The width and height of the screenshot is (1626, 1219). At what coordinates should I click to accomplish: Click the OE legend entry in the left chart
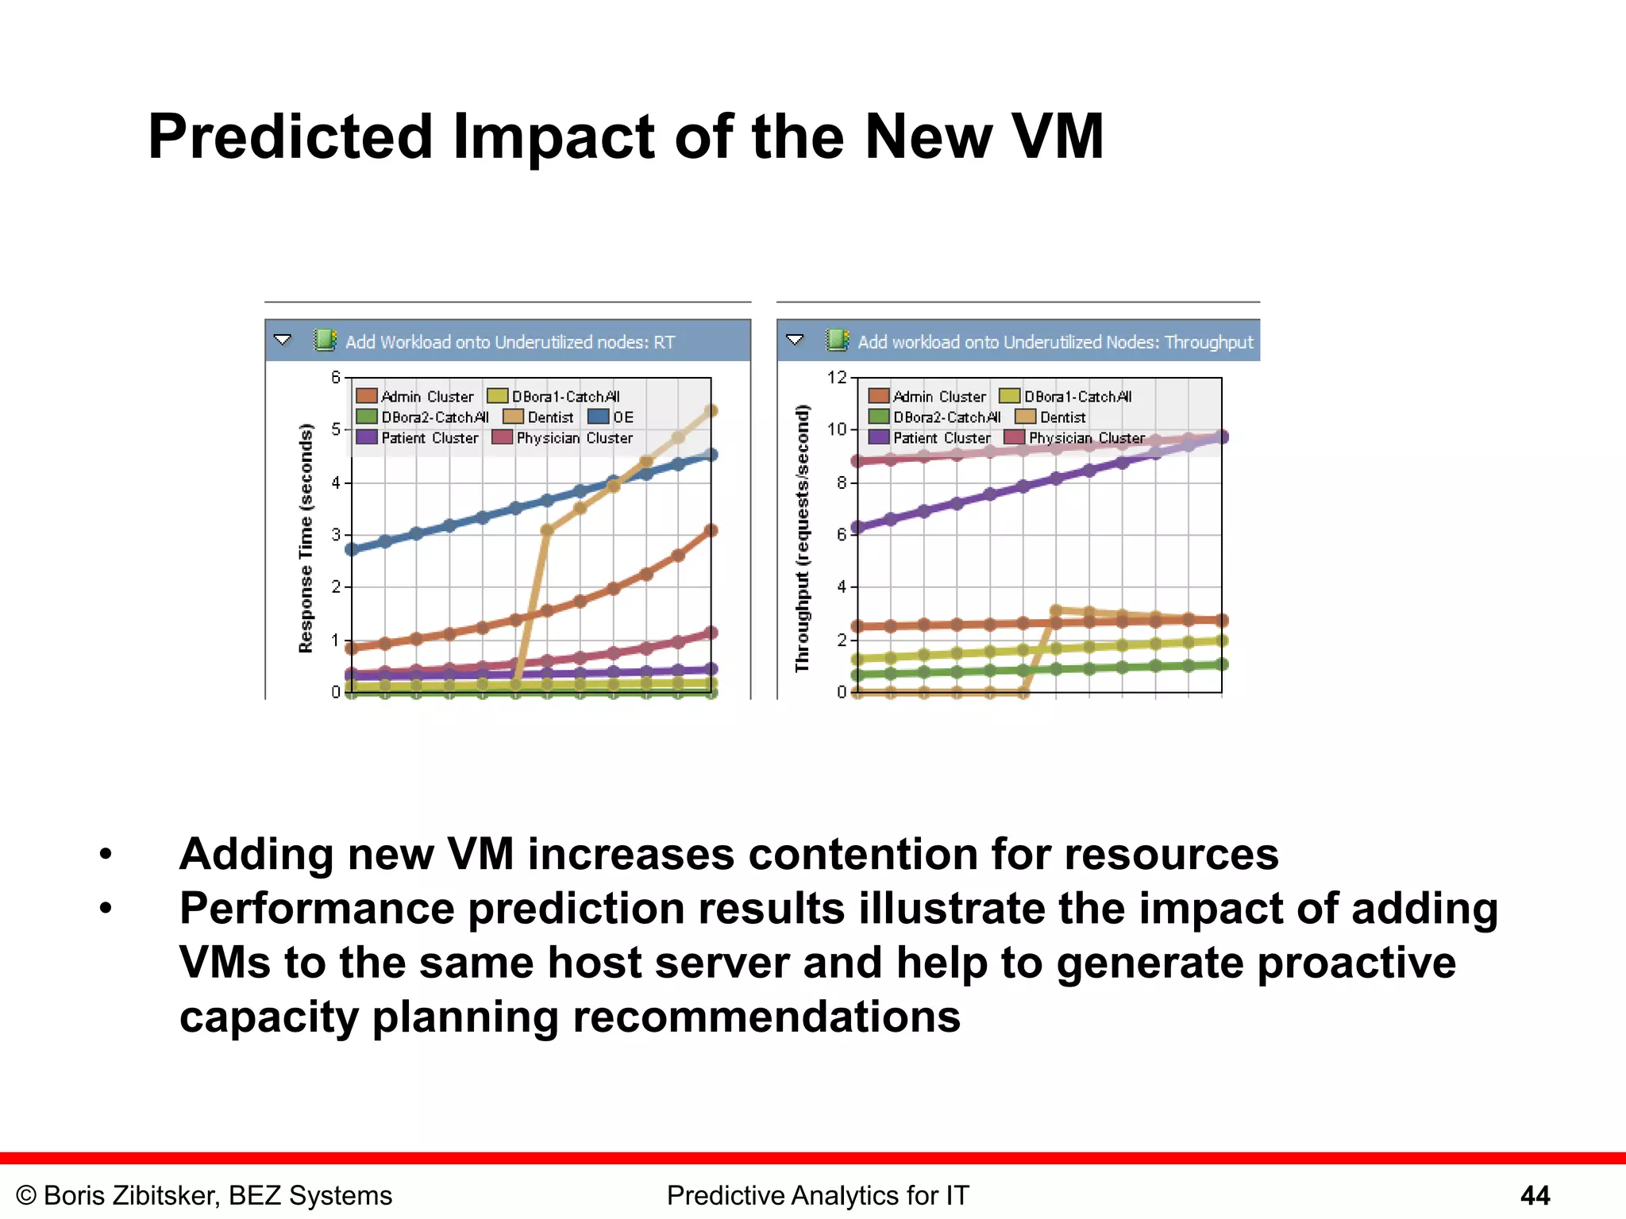pos(611,417)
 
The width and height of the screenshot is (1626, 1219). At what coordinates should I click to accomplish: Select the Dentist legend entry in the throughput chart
pos(1051,417)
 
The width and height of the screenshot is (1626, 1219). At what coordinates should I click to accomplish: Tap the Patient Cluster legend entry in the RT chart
pos(418,437)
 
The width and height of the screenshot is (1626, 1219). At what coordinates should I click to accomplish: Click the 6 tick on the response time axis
pos(336,377)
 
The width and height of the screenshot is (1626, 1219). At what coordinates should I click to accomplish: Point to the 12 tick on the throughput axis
pos(837,377)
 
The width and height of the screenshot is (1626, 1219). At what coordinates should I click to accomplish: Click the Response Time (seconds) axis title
pos(306,537)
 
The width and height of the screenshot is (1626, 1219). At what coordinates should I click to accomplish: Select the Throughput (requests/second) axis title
pos(803,537)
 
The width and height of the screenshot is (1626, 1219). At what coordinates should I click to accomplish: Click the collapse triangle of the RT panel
pos(283,340)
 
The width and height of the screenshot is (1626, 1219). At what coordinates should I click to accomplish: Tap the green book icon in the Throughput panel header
pos(838,340)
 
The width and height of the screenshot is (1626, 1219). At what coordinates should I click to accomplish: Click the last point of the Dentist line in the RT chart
pos(711,411)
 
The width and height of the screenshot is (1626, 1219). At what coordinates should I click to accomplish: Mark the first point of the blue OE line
pos(352,548)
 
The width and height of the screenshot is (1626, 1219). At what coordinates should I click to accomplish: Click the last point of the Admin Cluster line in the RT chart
pos(711,530)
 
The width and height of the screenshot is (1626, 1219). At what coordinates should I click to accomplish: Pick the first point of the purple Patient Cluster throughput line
pos(857,527)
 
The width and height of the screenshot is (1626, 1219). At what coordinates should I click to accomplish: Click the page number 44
pos(1535,1195)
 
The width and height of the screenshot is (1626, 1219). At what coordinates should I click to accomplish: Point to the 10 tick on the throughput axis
pos(837,429)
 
